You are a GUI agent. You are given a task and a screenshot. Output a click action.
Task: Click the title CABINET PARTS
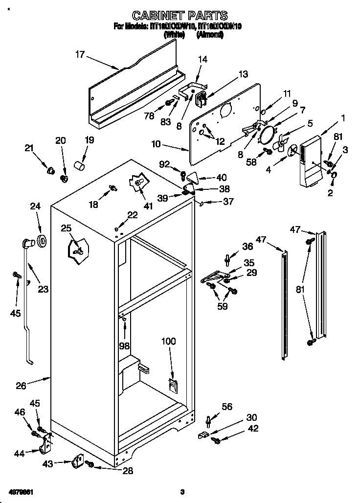180,16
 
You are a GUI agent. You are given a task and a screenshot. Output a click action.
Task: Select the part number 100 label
168,341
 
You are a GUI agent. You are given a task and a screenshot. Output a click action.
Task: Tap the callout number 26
21,386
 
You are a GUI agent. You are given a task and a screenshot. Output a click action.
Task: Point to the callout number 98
125,345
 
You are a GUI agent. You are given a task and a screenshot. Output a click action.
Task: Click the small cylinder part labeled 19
79,166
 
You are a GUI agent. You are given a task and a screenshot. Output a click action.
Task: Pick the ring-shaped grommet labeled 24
42,240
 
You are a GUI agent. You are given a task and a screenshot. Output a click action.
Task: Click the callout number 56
226,407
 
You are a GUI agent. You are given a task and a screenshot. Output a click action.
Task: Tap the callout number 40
222,178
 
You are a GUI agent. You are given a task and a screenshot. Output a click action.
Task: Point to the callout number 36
247,246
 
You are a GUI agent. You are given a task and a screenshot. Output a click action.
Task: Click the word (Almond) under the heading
210,35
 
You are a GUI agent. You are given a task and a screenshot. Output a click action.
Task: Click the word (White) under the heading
174,35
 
